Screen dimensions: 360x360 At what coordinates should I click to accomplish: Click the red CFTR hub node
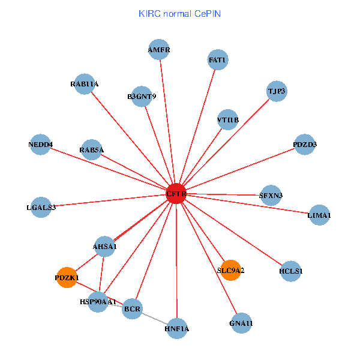click(x=176, y=194)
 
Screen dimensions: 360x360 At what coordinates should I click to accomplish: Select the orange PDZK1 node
click(x=67, y=278)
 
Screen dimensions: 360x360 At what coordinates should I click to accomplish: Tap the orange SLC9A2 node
click(x=230, y=270)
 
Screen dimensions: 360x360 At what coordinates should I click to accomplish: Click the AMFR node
click(x=159, y=50)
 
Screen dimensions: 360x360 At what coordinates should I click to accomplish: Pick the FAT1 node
click(x=217, y=60)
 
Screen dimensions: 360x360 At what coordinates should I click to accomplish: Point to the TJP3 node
click(x=277, y=91)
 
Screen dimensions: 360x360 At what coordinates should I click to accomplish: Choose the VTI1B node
click(x=227, y=119)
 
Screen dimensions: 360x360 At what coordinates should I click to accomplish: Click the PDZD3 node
click(x=305, y=145)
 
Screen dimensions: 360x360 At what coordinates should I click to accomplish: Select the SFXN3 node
click(x=271, y=195)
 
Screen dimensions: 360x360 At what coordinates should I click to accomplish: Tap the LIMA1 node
click(x=319, y=215)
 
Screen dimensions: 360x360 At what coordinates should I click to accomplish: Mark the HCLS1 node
click(x=291, y=271)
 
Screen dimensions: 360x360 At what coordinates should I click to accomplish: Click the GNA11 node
click(x=241, y=323)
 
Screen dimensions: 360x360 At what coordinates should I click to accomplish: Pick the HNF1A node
click(x=177, y=328)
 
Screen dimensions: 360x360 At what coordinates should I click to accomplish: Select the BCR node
click(x=132, y=310)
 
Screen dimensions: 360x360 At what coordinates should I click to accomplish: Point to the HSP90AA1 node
click(x=98, y=301)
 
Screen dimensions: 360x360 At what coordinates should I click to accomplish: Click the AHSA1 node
click(x=105, y=246)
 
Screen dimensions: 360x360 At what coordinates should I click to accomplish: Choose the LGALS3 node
click(x=41, y=207)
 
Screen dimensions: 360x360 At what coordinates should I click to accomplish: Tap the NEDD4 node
click(x=41, y=145)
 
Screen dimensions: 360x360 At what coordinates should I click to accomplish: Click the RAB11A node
click(x=84, y=84)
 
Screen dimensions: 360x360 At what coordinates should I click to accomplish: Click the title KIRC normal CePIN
click(x=179, y=13)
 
